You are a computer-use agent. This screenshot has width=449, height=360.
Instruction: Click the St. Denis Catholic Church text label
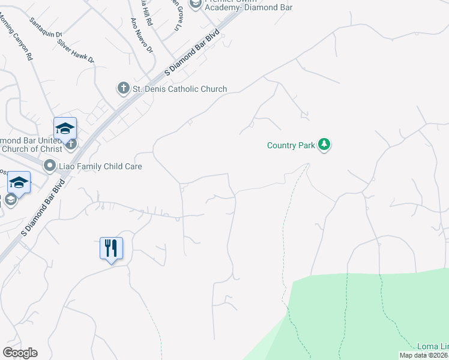click(x=179, y=89)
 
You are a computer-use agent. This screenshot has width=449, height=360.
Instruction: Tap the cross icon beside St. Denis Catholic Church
click(x=123, y=89)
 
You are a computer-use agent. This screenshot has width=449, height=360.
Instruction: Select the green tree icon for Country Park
click(x=324, y=145)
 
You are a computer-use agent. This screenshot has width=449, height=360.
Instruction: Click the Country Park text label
click(x=291, y=145)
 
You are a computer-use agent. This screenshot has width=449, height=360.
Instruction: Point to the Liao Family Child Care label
click(x=100, y=166)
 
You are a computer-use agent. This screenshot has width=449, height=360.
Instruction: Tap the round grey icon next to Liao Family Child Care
click(x=50, y=164)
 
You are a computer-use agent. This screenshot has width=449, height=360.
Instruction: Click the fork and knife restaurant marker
click(x=111, y=248)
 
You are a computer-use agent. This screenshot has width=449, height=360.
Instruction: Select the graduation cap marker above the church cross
click(x=65, y=128)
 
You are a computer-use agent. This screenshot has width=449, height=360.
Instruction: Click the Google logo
click(x=20, y=353)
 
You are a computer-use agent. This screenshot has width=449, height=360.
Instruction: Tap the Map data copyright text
click(x=424, y=355)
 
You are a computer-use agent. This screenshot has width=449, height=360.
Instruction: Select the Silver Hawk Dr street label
click(x=76, y=51)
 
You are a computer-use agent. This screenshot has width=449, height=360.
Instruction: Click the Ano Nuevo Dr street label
click(x=142, y=34)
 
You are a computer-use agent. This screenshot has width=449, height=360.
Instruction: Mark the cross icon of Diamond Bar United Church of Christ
click(x=71, y=144)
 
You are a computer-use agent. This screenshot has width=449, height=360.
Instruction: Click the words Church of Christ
click(x=30, y=149)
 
